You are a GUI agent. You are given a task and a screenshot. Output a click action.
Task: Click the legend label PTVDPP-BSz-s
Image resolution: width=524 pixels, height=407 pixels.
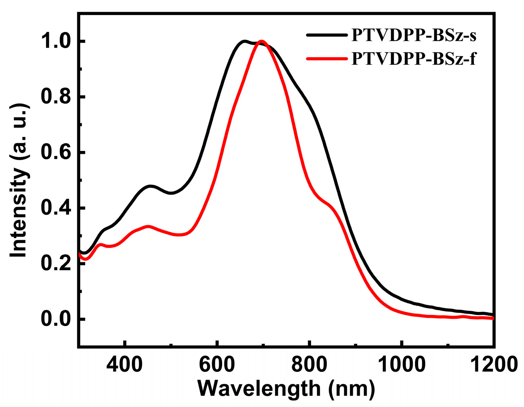click(x=414, y=35)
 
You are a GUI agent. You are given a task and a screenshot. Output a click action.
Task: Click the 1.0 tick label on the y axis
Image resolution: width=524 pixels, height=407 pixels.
click(x=55, y=41)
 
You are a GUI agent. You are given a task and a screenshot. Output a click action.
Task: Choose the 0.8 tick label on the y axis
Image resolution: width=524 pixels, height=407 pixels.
click(x=55, y=97)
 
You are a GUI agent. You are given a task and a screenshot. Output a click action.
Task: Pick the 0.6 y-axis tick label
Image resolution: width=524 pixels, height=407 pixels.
click(x=55, y=153)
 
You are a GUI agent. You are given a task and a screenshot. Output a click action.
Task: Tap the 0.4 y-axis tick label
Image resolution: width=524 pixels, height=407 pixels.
click(x=55, y=208)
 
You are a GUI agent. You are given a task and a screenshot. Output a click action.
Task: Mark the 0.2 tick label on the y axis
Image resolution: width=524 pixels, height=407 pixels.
click(x=55, y=264)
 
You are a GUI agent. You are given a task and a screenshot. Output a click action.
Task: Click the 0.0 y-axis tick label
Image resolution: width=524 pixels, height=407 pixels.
click(x=55, y=319)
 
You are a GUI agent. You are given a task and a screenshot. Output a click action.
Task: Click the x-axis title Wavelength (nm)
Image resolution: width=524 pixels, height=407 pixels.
click(x=286, y=389)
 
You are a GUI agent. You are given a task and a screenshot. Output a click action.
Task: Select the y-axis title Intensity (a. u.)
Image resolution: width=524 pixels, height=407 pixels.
click(x=19, y=181)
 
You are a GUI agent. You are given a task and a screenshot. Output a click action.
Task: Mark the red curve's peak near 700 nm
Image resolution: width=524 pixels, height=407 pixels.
click(x=261, y=41)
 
